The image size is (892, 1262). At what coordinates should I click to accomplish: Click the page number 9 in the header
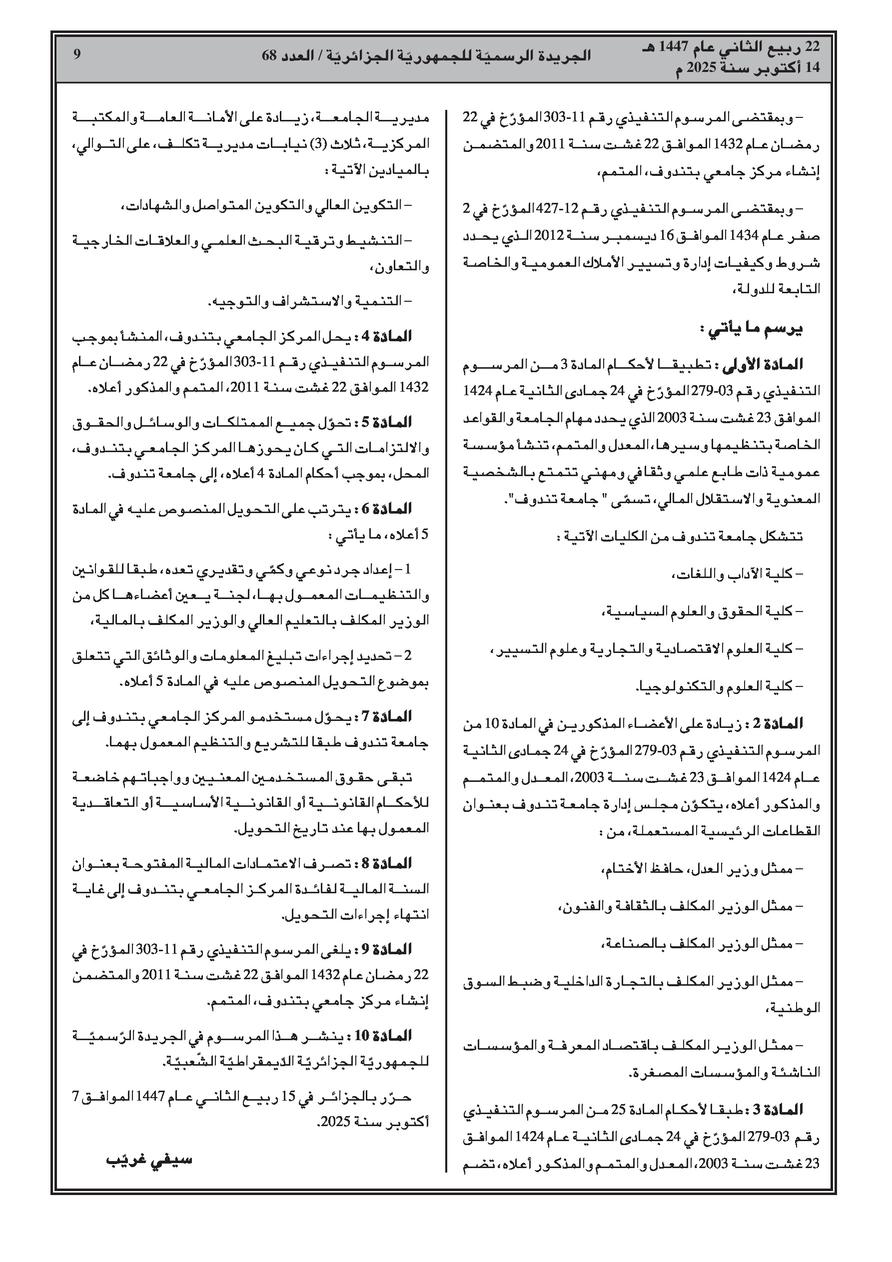77,55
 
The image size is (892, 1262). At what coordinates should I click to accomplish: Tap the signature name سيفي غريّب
148,1159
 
